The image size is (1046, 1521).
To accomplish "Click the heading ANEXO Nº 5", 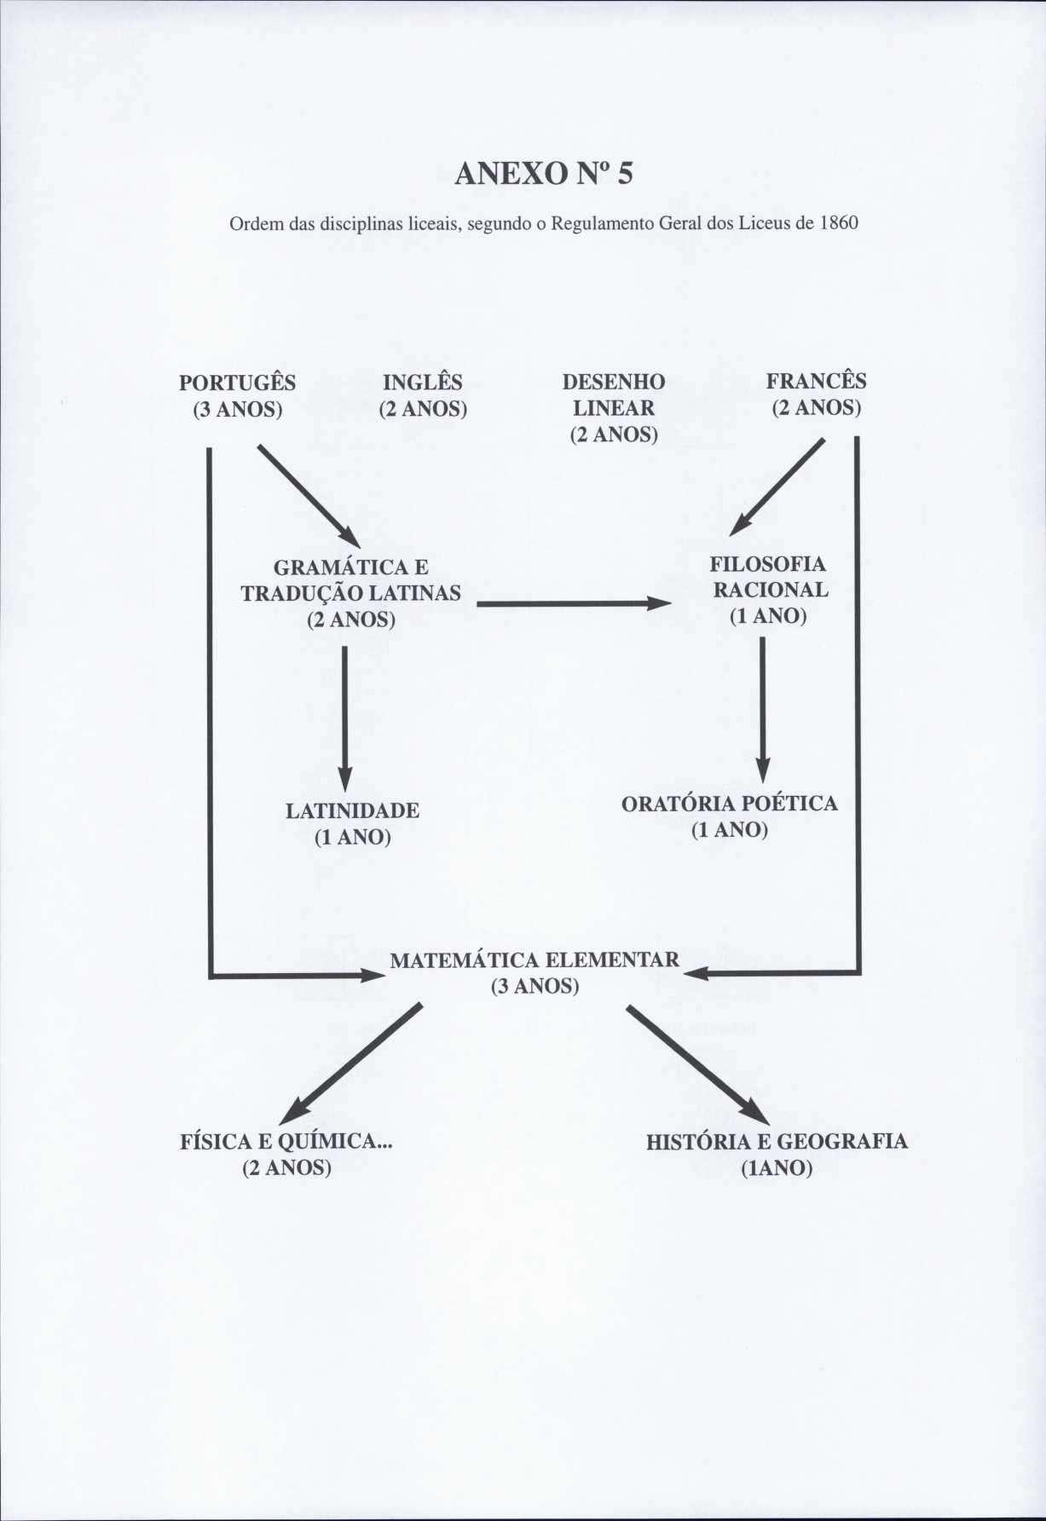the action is tap(544, 174).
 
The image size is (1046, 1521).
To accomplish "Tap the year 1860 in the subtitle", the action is tap(838, 224).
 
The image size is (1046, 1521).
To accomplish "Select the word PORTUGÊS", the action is tap(237, 383).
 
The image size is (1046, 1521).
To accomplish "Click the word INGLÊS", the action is tap(423, 383).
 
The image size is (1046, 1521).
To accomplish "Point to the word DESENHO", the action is tap(614, 382).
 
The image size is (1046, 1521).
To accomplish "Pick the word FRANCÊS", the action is tap(816, 381).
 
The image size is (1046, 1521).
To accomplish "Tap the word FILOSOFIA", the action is tap(768, 564).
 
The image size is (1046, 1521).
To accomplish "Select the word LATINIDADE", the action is tap(352, 810).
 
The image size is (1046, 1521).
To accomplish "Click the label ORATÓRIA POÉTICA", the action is tap(729, 804).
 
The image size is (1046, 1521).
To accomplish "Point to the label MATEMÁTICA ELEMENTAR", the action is tap(535, 960).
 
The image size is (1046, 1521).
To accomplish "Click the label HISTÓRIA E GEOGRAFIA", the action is tap(777, 1142).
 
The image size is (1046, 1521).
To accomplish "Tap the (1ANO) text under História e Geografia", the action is tap(777, 1167).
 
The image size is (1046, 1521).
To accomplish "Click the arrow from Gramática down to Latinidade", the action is tap(344, 716).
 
